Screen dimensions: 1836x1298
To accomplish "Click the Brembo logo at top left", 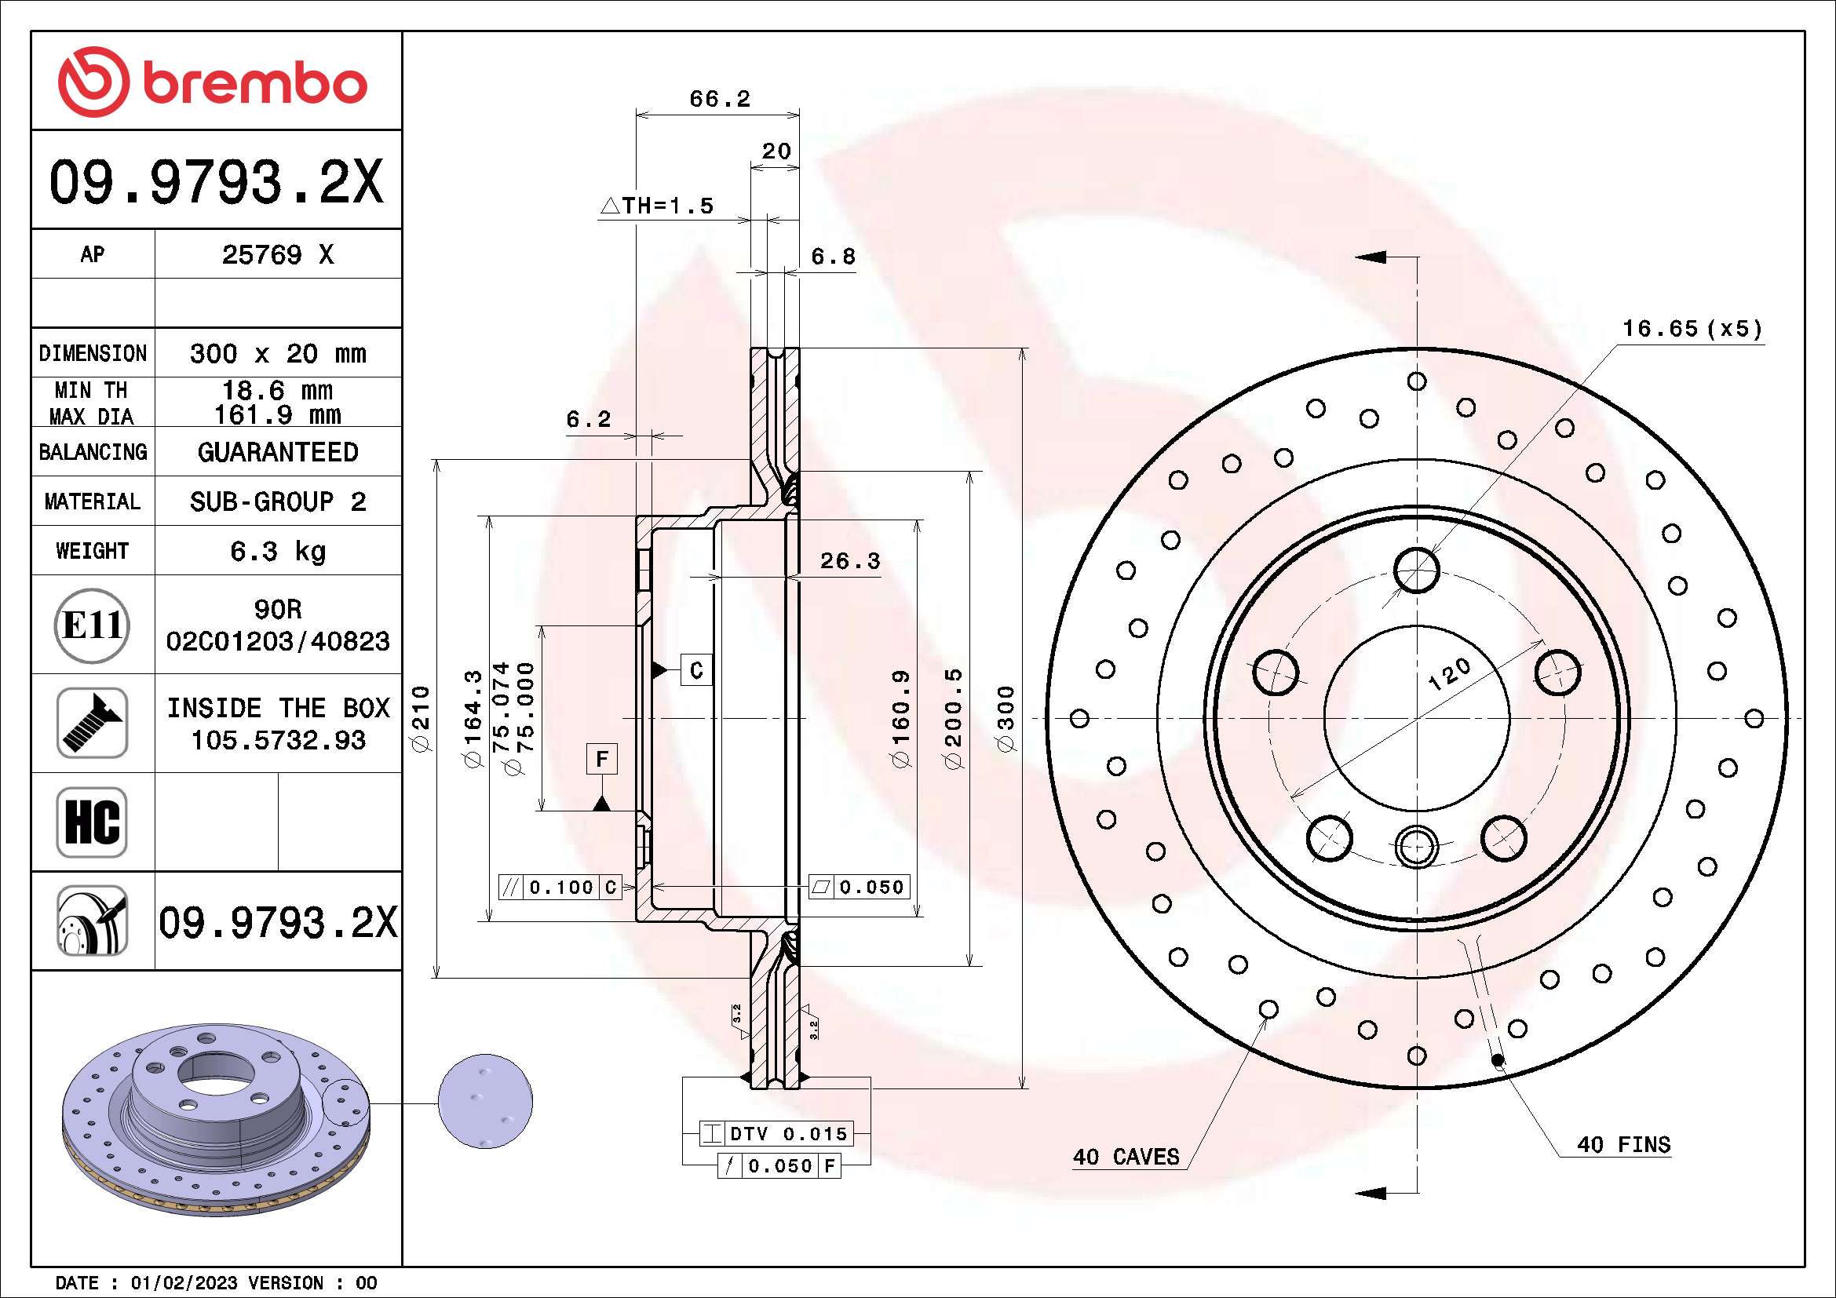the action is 213,82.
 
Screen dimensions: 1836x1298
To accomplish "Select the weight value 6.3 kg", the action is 277,552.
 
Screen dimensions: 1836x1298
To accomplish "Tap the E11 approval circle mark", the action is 93,625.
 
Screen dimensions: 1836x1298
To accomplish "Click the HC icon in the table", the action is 93,822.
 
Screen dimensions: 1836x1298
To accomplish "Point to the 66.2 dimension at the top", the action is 720,98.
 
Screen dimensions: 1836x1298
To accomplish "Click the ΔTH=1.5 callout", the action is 656,206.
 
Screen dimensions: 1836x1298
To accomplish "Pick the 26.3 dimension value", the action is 849,561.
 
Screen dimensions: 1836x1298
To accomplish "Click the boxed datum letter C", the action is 696,669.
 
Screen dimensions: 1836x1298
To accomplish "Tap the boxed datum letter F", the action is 602,759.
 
